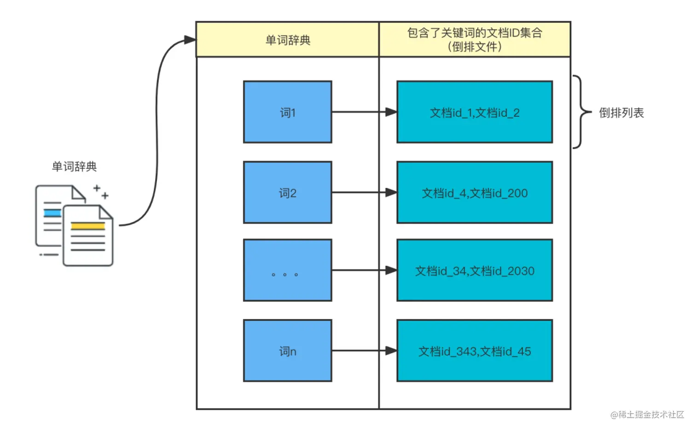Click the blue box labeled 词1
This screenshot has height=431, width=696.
tap(287, 112)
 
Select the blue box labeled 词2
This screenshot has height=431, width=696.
tap(287, 192)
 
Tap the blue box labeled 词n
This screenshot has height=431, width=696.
tap(287, 351)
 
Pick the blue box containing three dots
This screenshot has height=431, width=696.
tap(287, 270)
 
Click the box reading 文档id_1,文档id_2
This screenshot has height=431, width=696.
tap(474, 112)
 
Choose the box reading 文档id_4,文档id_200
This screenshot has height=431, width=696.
tap(474, 192)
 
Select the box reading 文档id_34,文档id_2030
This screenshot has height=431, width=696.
tap(474, 270)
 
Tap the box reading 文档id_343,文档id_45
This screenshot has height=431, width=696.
tap(474, 351)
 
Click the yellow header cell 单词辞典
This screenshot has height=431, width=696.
tap(288, 40)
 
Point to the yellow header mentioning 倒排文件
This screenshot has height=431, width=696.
tap(475, 40)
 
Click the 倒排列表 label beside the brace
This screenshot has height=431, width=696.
tap(621, 113)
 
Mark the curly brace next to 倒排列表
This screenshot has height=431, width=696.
tap(581, 112)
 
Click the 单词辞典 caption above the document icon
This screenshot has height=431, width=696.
tap(74, 166)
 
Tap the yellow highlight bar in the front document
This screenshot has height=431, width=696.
tap(87, 226)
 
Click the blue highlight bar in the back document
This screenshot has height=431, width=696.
tap(52, 213)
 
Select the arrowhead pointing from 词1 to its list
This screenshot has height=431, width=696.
tap(391, 112)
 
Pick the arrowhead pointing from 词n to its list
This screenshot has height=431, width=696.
tap(391, 351)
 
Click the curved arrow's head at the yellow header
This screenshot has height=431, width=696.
tap(190, 40)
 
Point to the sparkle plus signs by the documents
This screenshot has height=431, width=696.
tap(101, 191)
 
